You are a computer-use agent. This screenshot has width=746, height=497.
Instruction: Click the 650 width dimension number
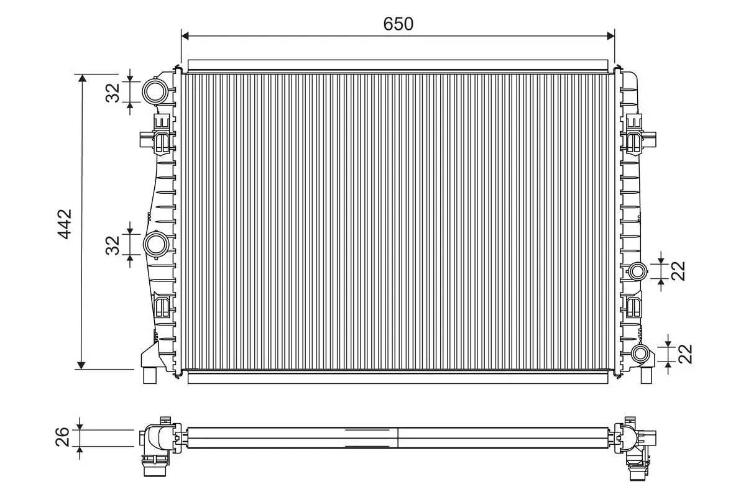click(398, 24)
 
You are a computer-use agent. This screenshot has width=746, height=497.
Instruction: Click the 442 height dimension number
click(65, 223)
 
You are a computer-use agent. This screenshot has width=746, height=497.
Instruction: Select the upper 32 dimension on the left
click(113, 92)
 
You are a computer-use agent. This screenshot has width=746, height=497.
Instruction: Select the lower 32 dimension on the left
click(113, 244)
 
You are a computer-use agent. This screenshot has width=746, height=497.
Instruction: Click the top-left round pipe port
click(154, 91)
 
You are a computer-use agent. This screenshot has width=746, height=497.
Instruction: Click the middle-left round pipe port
click(155, 244)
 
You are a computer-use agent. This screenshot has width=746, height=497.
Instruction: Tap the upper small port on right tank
click(638, 271)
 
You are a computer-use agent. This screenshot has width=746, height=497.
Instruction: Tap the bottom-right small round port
click(640, 354)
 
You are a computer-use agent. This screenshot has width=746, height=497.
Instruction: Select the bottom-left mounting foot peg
click(151, 375)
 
